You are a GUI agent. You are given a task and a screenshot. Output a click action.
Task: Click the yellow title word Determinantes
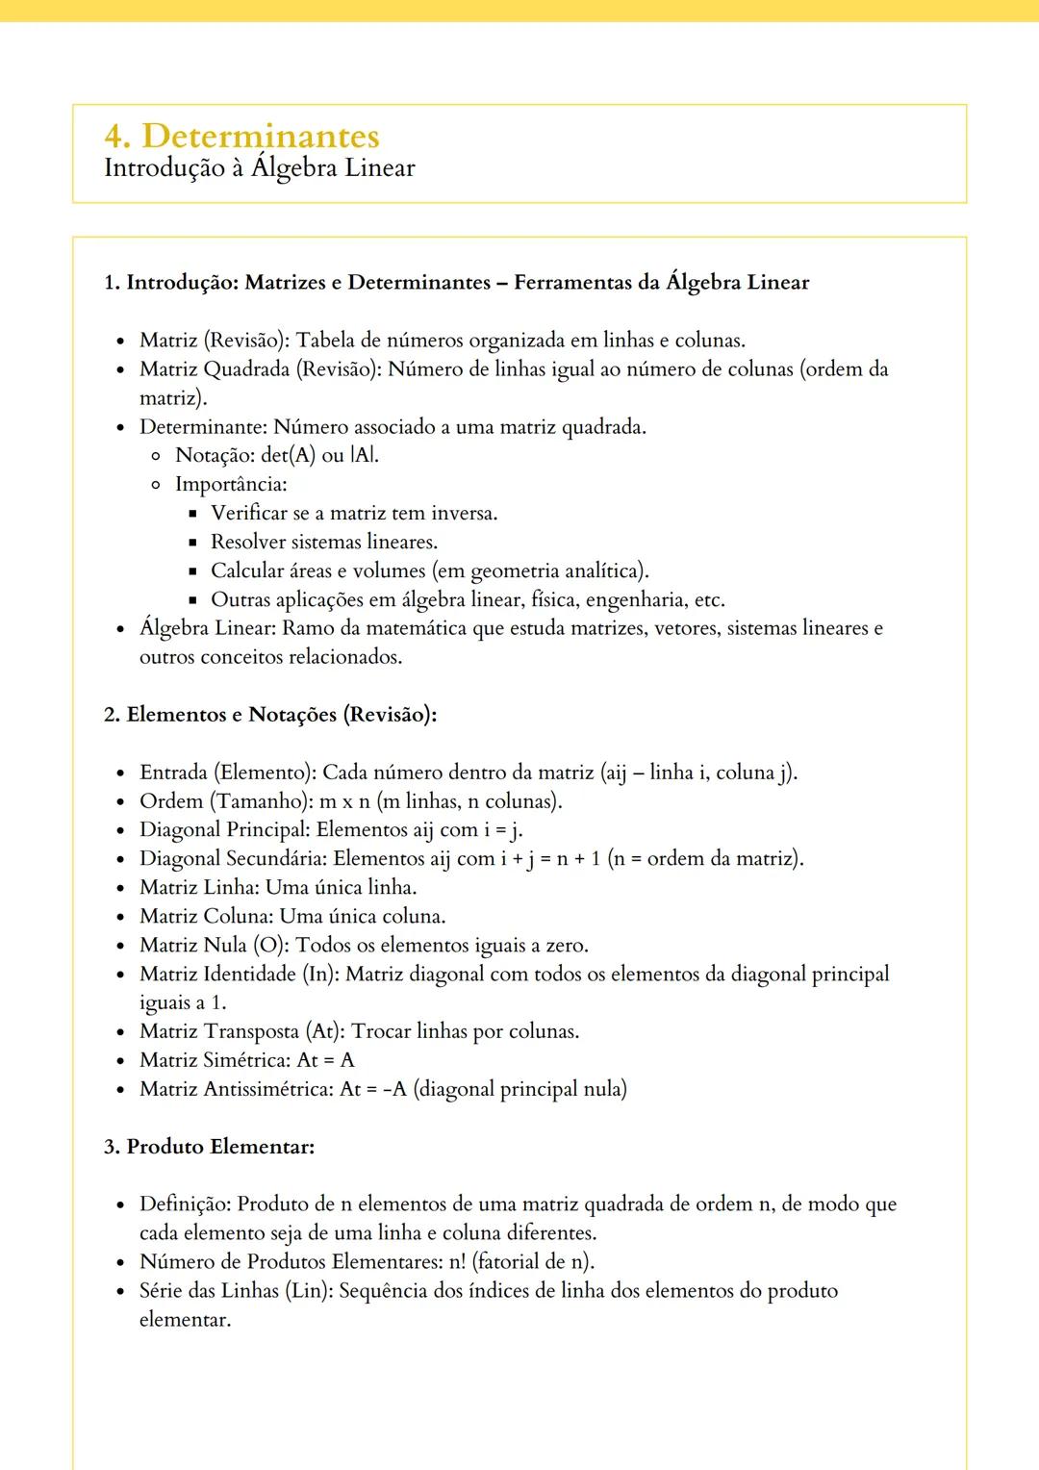click(x=261, y=136)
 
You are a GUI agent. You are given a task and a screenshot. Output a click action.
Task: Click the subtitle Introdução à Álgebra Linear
click(x=260, y=168)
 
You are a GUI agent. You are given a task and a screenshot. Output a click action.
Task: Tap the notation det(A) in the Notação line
click(x=288, y=456)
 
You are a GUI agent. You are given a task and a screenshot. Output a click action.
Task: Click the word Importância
click(x=231, y=485)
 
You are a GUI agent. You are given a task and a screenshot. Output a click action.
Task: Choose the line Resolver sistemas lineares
click(x=324, y=543)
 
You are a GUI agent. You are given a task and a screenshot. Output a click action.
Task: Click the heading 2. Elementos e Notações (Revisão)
click(x=270, y=715)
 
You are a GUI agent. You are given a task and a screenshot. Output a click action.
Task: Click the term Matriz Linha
click(x=199, y=888)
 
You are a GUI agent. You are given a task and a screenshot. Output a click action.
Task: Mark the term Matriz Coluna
click(x=206, y=917)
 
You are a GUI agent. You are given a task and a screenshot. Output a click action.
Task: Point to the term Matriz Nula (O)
click(x=213, y=946)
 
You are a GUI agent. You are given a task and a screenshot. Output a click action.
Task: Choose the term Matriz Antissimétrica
click(x=236, y=1090)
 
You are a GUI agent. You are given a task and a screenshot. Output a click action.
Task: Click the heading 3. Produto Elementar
click(x=210, y=1147)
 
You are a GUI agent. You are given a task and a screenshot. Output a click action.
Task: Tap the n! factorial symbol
click(x=457, y=1262)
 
